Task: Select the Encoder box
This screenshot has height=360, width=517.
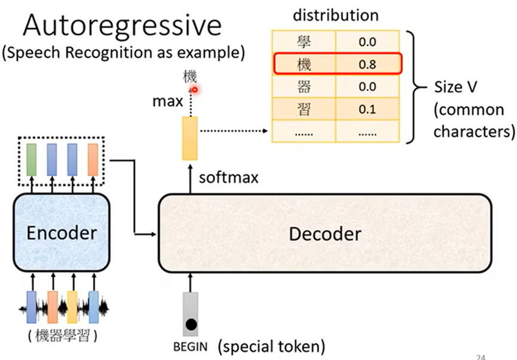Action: pos(61,232)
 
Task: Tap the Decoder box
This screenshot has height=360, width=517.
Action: pos(325,233)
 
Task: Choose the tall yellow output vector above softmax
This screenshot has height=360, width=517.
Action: pos(190,139)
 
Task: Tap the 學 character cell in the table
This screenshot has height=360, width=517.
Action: pos(304,41)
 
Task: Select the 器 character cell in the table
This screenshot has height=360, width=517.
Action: pos(304,87)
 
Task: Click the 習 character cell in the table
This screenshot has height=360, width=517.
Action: pos(304,109)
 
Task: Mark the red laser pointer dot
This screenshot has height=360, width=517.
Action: pos(194,89)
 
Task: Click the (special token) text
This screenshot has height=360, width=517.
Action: pos(271,346)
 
